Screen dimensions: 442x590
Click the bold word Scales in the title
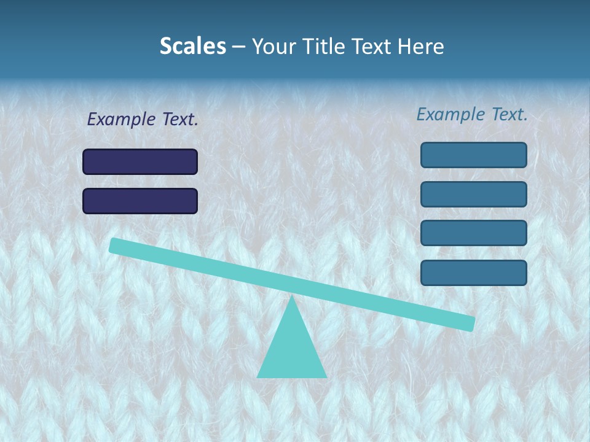(x=192, y=46)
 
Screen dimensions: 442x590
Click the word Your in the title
(x=273, y=46)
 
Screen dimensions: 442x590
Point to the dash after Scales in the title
(x=238, y=47)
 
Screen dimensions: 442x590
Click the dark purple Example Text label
(x=143, y=119)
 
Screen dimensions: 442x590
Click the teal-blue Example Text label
(x=472, y=114)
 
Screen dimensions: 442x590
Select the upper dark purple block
(x=140, y=161)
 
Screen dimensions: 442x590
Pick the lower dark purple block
(x=140, y=201)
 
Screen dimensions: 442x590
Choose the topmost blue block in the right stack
(x=473, y=155)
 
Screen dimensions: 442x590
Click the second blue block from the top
(x=473, y=194)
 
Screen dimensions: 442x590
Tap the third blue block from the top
(x=473, y=233)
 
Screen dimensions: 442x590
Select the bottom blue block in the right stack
(x=473, y=273)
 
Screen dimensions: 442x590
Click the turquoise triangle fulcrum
(x=291, y=350)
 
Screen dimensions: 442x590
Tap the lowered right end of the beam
(x=470, y=323)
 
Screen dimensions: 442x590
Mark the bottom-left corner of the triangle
(x=258, y=376)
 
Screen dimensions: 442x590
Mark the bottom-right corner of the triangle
(x=325, y=376)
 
